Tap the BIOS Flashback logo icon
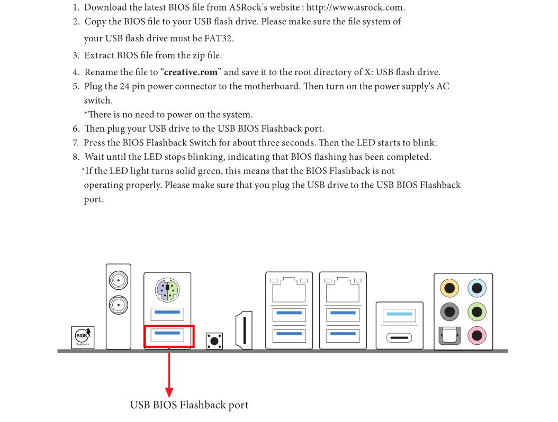pyautogui.click(x=83, y=336)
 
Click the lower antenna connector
pyautogui.click(x=118, y=304)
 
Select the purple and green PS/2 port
pyautogui.click(x=167, y=289)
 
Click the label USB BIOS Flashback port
pyautogui.click(x=189, y=406)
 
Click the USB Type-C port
pyautogui.click(x=399, y=337)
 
